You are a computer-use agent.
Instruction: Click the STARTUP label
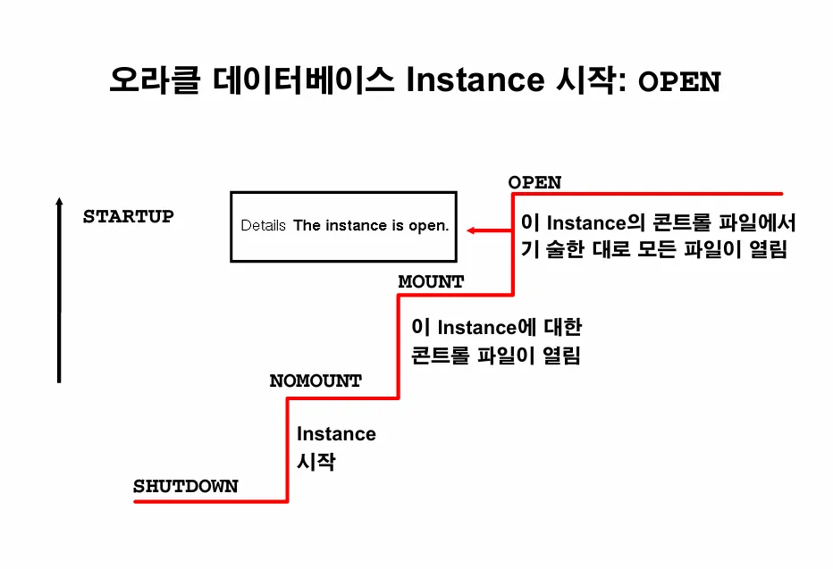click(128, 216)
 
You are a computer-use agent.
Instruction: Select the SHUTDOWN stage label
click(186, 487)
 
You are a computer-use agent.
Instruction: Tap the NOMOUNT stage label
click(316, 381)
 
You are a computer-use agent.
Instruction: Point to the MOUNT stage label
click(431, 281)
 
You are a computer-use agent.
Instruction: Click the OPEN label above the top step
click(534, 182)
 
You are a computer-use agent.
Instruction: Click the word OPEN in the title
click(678, 82)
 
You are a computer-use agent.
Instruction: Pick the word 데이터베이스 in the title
click(305, 80)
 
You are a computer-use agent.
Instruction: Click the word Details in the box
click(263, 226)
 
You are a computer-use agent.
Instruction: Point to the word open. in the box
click(428, 226)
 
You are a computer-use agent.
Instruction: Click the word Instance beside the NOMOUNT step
click(336, 434)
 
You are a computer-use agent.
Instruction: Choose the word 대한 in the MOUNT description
click(562, 327)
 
